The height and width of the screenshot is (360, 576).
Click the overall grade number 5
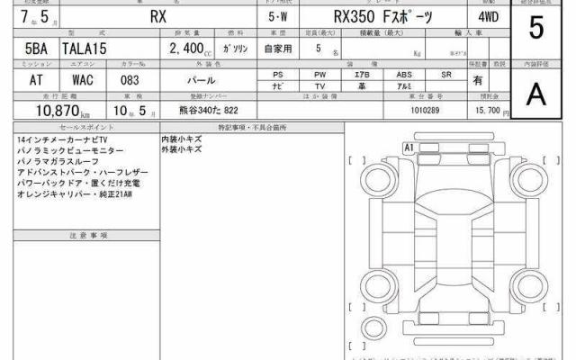(536, 30)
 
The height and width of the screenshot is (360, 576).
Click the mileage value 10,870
(50, 109)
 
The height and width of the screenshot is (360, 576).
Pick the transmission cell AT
(23, 79)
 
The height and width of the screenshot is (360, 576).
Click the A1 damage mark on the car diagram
(408, 146)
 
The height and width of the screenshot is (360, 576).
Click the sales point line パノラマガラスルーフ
(52, 162)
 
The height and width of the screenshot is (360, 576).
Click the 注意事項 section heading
(88, 235)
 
